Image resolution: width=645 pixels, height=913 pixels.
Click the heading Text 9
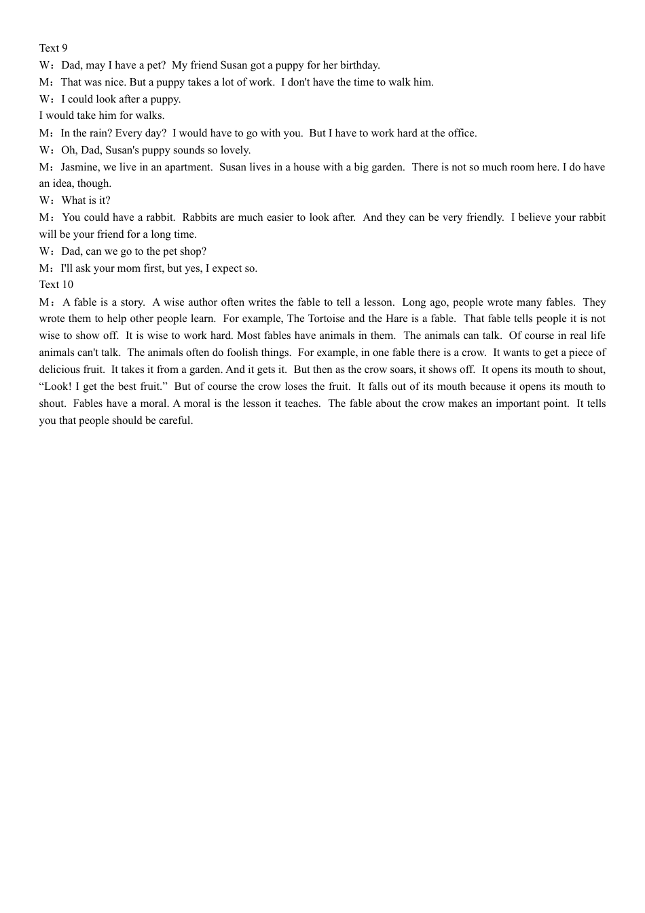[53, 48]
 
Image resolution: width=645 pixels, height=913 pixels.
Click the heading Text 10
[56, 285]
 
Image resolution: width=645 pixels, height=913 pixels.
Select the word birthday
[359, 65]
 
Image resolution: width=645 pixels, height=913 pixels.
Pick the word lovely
[235, 150]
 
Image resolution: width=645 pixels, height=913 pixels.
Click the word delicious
[60, 370]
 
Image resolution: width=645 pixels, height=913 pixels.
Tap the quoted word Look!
[55, 387]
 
